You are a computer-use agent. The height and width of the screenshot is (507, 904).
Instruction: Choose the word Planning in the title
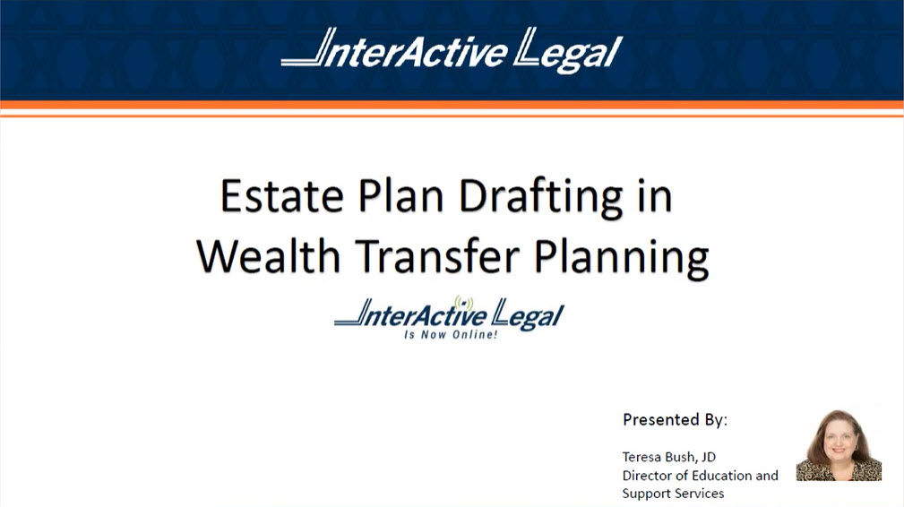(x=621, y=257)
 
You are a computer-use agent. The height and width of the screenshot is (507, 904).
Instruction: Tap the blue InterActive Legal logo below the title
(x=449, y=315)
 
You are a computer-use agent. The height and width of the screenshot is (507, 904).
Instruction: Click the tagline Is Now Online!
(x=450, y=335)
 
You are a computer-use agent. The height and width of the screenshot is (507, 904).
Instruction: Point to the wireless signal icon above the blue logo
(x=463, y=302)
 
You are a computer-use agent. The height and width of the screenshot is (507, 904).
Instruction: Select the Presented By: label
(x=675, y=419)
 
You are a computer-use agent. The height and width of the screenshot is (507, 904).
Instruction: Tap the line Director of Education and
(x=700, y=475)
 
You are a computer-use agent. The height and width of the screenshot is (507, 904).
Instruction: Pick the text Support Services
(x=673, y=494)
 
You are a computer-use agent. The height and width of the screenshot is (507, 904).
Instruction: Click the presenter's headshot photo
(x=839, y=445)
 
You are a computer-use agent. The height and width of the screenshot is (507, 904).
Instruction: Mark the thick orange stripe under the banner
(x=452, y=105)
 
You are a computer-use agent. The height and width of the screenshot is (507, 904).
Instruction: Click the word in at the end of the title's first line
(x=653, y=197)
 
